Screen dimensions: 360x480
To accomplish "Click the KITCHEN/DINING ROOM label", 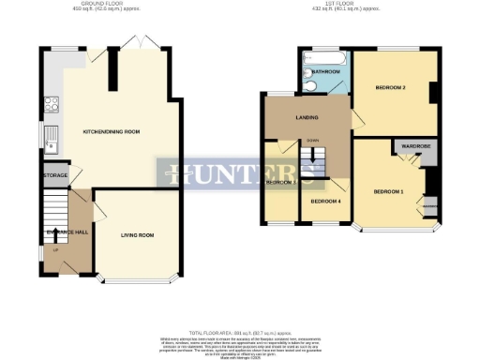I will pos(111,131).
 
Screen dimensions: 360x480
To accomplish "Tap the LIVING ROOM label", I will pos(137,234).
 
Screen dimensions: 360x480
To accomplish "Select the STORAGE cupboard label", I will pos(54,174).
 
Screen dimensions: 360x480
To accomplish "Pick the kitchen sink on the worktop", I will pos(53,138).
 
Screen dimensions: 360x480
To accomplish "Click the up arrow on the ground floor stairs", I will pos(55,250).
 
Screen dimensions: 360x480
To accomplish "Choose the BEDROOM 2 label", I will pos(389,87).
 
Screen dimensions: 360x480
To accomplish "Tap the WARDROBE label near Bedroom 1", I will pos(414,147).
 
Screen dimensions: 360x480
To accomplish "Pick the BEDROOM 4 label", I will pos(324,202).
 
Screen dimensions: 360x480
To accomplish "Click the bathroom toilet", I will pos(309,83).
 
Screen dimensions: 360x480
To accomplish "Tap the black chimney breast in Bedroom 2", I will pos(434,94).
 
